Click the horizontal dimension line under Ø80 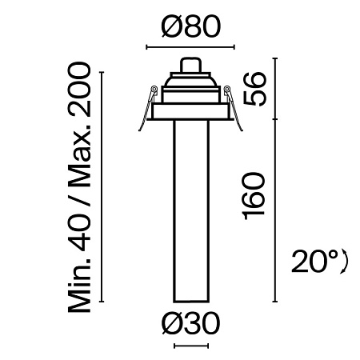click(x=190, y=47)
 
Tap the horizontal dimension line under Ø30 click(x=190, y=346)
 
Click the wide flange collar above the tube click(x=190, y=111)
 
